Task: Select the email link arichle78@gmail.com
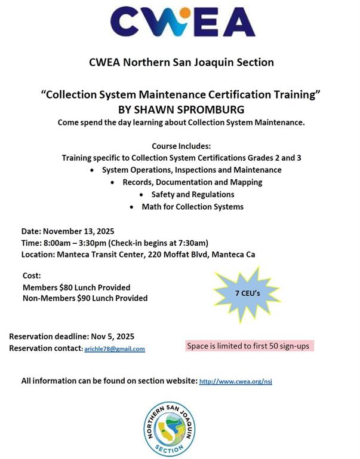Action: click(114, 349)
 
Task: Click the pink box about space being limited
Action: click(248, 346)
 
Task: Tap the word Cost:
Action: click(31, 276)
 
